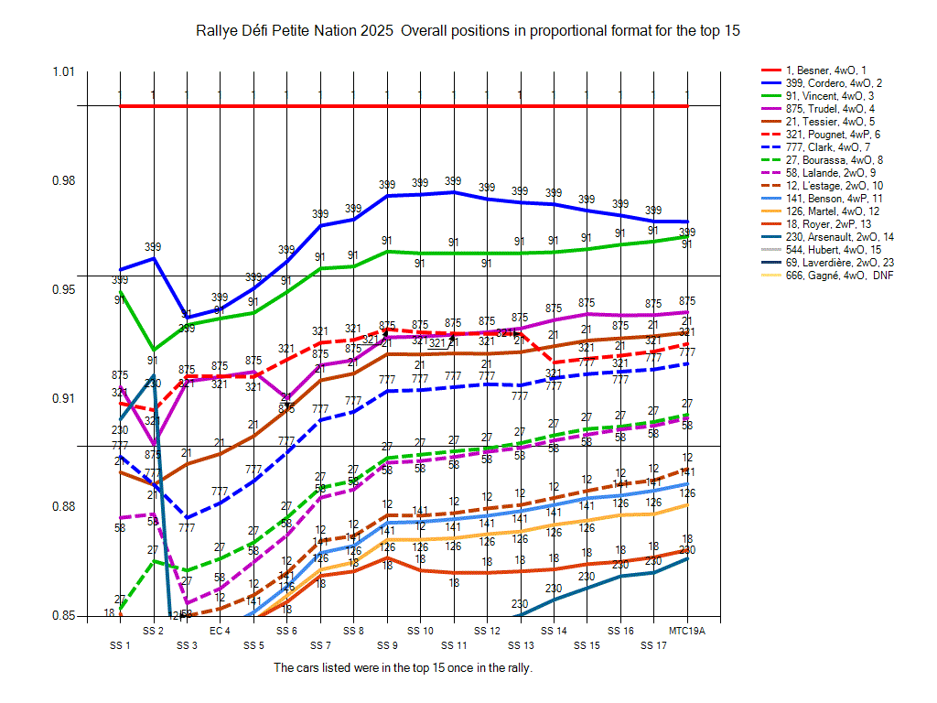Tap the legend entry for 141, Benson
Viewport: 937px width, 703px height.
click(826, 199)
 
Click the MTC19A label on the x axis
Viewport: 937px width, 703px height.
click(686, 632)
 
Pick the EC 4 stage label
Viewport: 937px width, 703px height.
click(220, 632)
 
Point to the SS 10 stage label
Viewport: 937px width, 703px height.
click(420, 632)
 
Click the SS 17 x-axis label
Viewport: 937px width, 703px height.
click(653, 645)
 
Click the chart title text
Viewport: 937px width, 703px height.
click(468, 31)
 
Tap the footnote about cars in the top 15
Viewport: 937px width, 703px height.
click(403, 668)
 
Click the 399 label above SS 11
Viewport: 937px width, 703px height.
click(453, 181)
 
